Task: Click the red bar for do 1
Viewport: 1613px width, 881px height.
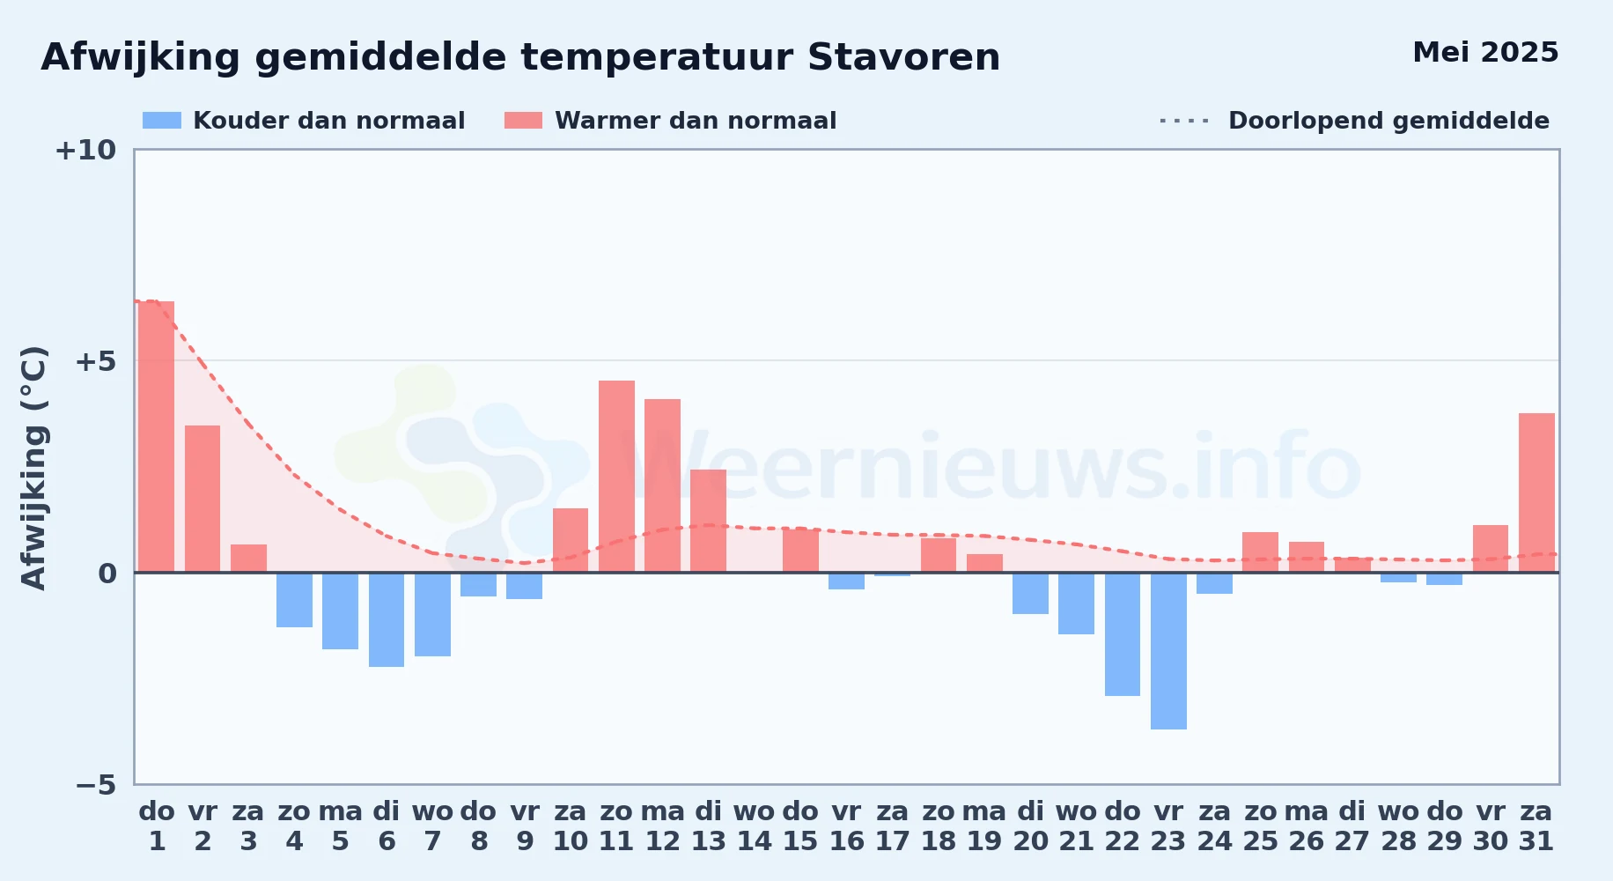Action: click(x=157, y=437)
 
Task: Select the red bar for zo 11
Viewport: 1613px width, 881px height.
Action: click(x=616, y=477)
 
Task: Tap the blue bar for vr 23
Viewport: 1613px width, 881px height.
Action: click(x=1168, y=651)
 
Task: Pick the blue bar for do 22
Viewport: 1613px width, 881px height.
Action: click(x=1123, y=634)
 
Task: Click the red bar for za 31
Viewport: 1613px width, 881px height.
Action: click(x=1536, y=492)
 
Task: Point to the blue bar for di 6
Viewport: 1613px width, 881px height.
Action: click(x=387, y=619)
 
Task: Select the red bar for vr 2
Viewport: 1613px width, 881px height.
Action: click(x=203, y=499)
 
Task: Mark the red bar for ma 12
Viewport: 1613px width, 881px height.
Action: click(x=662, y=485)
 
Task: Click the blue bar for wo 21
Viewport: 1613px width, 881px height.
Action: click(x=1076, y=603)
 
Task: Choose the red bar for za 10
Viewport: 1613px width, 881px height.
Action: click(x=571, y=540)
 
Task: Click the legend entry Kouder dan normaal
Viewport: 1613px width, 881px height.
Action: click(x=304, y=121)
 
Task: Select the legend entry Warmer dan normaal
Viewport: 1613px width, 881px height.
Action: click(x=671, y=121)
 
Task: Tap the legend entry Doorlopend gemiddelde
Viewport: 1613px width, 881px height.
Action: click(x=1355, y=121)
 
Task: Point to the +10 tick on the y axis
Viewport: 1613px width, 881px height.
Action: click(x=85, y=150)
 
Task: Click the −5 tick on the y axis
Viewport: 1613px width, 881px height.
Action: click(x=96, y=784)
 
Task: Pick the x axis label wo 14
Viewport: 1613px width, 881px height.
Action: click(x=755, y=825)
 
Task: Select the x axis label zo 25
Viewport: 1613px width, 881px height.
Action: click(x=1261, y=825)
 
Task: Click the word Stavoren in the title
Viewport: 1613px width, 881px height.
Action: click(x=903, y=57)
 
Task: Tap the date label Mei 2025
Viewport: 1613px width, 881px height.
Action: click(x=1485, y=52)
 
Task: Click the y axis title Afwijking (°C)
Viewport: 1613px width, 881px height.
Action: click(x=33, y=467)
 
